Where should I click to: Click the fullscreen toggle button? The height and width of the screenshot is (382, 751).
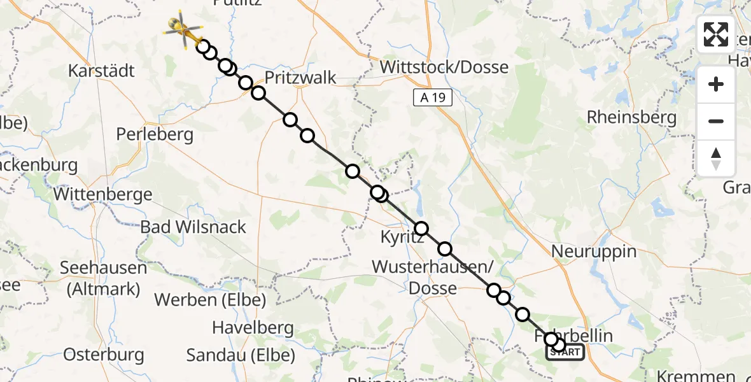[716, 34]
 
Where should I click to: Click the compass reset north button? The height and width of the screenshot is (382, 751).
[716, 158]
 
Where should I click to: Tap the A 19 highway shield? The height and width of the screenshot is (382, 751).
[433, 97]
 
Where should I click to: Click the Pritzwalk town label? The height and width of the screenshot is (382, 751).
[300, 78]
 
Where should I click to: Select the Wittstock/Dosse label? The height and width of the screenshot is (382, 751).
[444, 67]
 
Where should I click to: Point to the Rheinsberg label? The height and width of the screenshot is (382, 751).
[631, 117]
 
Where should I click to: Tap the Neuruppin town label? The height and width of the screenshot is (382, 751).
[593, 251]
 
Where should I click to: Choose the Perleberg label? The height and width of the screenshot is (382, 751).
[155, 134]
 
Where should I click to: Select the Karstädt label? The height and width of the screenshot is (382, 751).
[102, 70]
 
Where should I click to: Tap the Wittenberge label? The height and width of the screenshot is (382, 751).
[103, 194]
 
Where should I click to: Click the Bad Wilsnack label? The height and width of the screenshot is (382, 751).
[193, 227]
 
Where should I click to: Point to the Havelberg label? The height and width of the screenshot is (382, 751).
[253, 329]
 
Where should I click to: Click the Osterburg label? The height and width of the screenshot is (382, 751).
[104, 355]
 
